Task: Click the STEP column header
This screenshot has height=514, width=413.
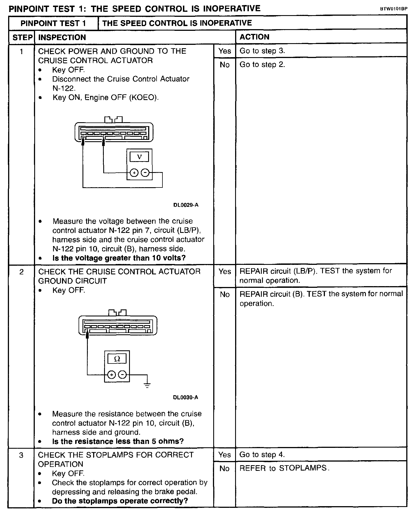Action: [22, 38]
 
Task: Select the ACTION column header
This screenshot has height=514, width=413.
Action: [254, 37]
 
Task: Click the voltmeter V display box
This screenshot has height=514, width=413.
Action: [139, 157]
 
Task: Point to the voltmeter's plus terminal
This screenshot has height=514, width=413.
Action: [134, 173]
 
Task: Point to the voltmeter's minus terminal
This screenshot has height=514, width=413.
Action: [145, 173]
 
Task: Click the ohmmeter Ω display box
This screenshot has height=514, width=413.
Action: [117, 358]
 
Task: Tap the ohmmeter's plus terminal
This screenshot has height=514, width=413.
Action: [112, 375]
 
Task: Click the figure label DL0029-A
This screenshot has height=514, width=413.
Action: [186, 205]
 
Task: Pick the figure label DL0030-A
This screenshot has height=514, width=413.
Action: [185, 397]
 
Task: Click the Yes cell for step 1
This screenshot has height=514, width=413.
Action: [225, 51]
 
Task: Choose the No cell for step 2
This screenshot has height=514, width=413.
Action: [225, 294]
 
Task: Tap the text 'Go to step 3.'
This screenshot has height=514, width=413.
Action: [262, 51]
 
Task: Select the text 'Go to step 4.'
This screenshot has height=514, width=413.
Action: [262, 455]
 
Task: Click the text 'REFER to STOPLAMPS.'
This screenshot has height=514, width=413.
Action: [284, 468]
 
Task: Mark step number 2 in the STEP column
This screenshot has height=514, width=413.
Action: [22, 272]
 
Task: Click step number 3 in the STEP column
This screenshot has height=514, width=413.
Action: [21, 455]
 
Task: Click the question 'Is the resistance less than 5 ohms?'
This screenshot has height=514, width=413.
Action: [118, 441]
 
